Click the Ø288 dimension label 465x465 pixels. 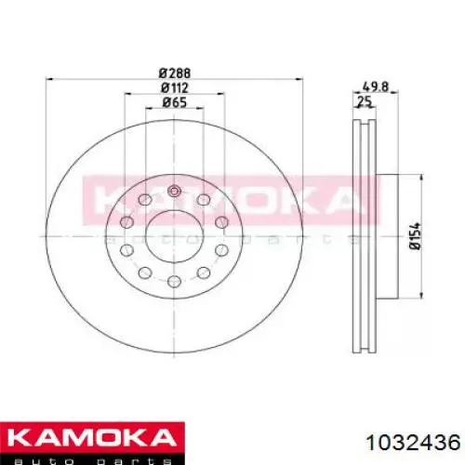coord(175,73)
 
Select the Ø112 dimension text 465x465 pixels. coord(175,88)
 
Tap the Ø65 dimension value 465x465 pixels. coord(175,102)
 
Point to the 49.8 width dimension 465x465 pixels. coord(375,86)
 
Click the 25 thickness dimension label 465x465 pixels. coord(365,101)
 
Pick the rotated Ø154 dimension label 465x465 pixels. coord(415,235)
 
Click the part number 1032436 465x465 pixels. coord(413,442)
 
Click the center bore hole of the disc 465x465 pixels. coord(174,236)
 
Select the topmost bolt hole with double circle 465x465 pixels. coord(174,191)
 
